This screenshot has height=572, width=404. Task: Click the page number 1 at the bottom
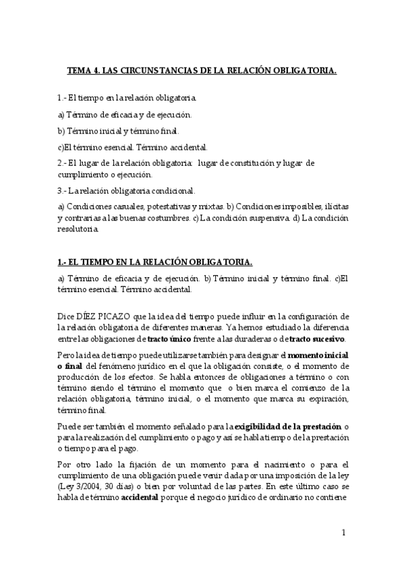tap(343, 533)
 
